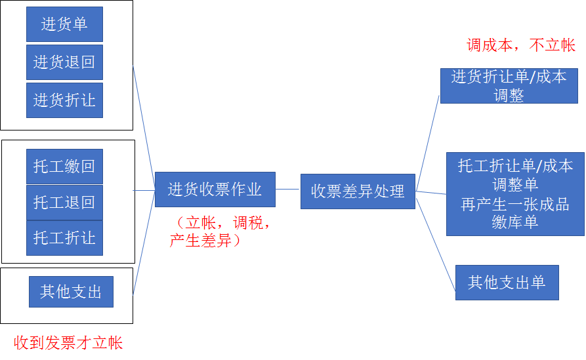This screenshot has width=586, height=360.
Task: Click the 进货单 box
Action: pyautogui.click(x=64, y=25)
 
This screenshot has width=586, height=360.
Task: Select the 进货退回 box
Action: pyautogui.click(x=64, y=62)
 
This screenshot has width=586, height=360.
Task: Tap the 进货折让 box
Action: pyautogui.click(x=64, y=100)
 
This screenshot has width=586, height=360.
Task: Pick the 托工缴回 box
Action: pyautogui.click(x=64, y=167)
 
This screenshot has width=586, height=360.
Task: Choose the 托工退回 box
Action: pyautogui.click(x=64, y=202)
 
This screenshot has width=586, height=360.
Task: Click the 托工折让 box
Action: pyautogui.click(x=64, y=237)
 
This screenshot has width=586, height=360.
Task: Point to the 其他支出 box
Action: pyautogui.click(x=71, y=292)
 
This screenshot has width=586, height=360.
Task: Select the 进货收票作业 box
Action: pyautogui.click(x=215, y=190)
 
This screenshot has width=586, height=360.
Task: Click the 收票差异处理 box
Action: pyautogui.click(x=358, y=191)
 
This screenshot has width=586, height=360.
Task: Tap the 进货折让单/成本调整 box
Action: pyautogui.click(x=509, y=85)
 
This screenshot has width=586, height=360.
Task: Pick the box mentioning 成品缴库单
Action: pyautogui.click(x=514, y=194)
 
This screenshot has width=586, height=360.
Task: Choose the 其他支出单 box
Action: pyautogui.click(x=507, y=283)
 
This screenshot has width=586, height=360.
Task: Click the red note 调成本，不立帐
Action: pyautogui.click(x=521, y=45)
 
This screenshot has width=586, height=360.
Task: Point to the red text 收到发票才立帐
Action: pyautogui.click(x=68, y=343)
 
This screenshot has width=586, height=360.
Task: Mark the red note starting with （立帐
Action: pyautogui.click(x=219, y=231)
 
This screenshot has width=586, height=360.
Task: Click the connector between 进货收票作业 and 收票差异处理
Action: pyautogui.click(x=287, y=189)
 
